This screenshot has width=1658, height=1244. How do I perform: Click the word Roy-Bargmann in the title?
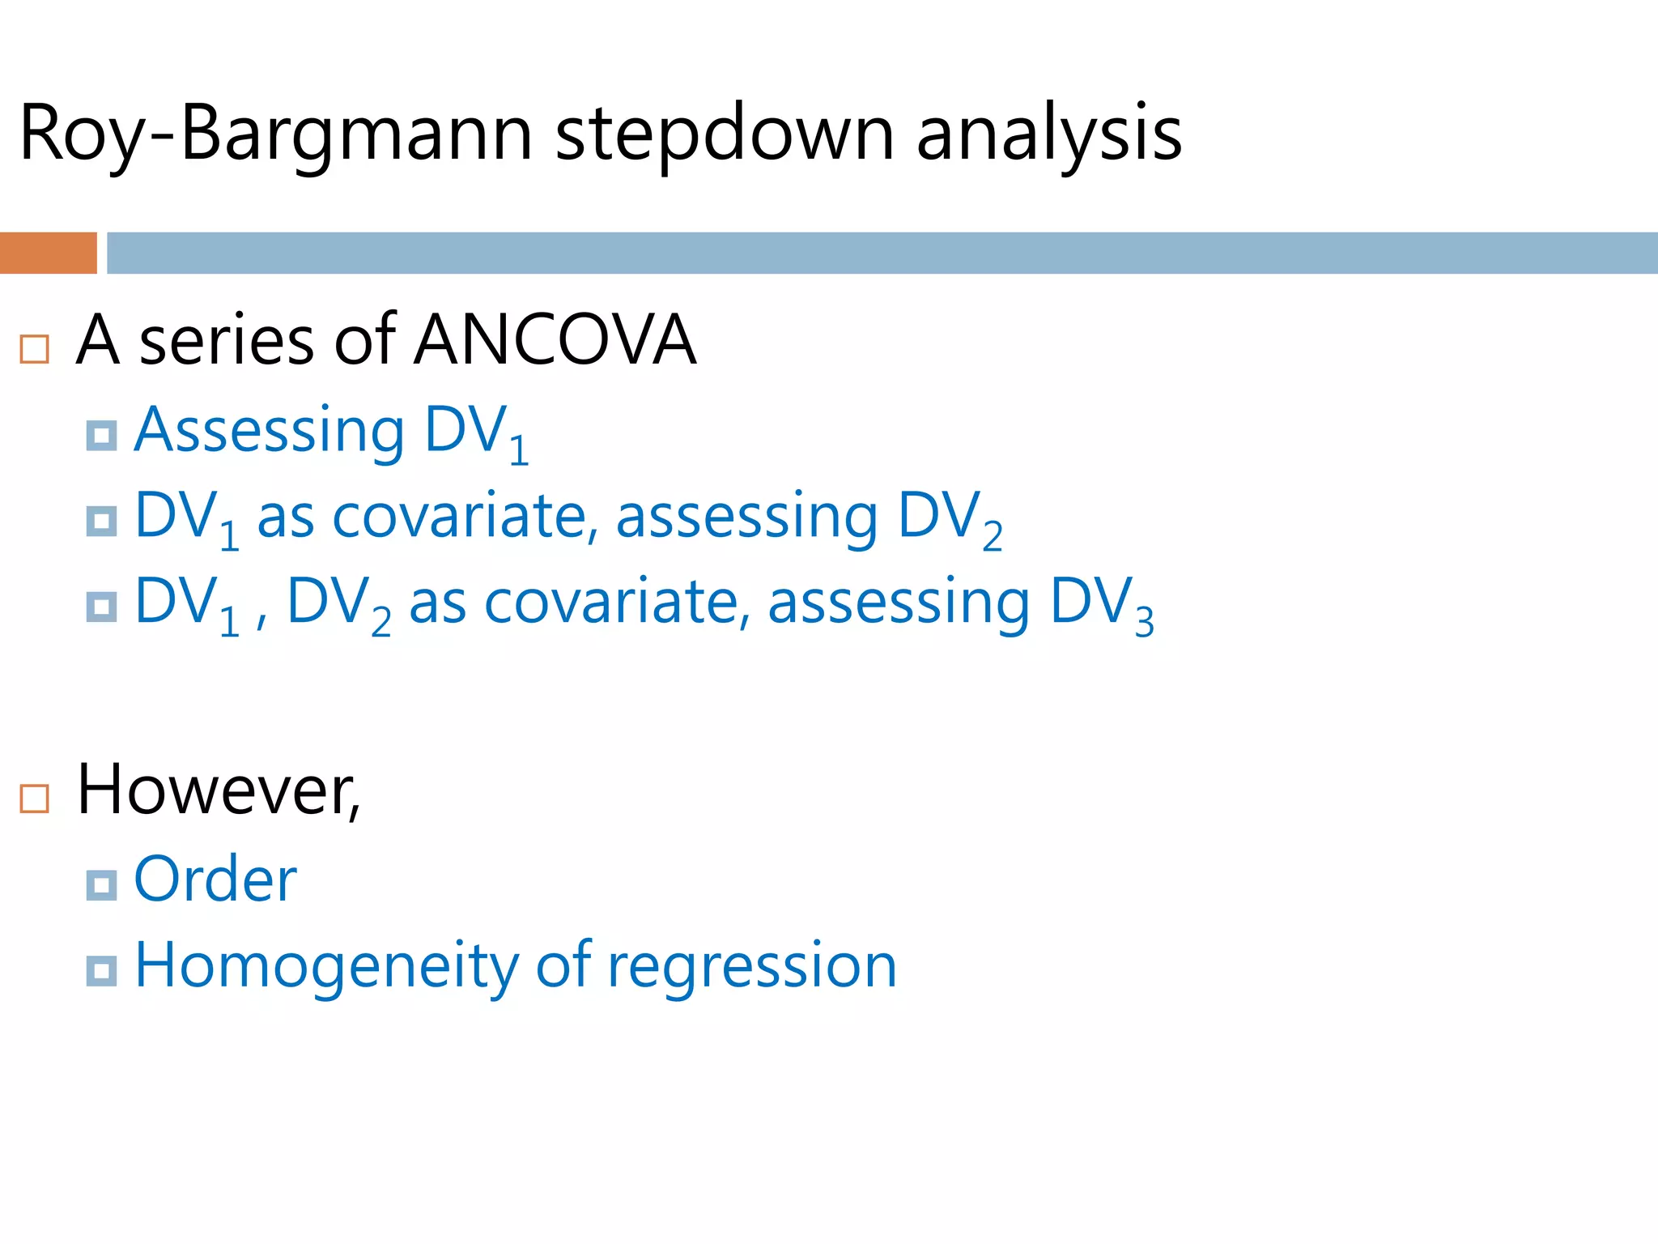(275, 134)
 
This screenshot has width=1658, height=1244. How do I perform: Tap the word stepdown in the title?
(725, 134)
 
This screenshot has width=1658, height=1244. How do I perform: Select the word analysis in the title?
(1049, 134)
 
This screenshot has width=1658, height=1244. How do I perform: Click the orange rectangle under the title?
(48, 253)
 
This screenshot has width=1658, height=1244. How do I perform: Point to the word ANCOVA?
(555, 340)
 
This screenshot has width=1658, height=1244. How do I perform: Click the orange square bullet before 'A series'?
(35, 349)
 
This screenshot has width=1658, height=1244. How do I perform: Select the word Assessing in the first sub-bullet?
(269, 431)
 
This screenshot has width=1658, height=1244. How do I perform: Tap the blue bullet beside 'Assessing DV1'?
(101, 436)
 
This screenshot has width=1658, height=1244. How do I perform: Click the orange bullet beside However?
(35, 799)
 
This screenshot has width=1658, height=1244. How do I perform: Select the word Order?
(215, 880)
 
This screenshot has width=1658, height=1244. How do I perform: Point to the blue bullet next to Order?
(101, 885)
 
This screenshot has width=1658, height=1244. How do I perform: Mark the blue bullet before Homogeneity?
(101, 970)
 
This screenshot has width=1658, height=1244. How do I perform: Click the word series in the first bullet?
(227, 341)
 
